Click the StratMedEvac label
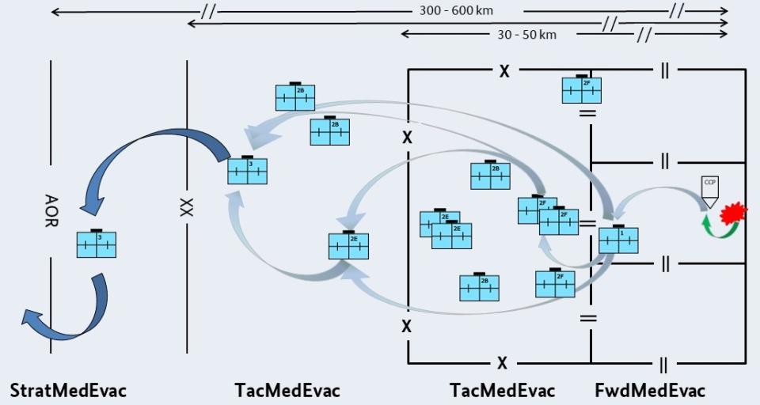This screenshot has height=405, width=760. point(68,390)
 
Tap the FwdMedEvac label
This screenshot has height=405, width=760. point(649,390)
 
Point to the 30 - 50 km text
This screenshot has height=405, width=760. point(528,34)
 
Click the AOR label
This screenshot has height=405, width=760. point(51,211)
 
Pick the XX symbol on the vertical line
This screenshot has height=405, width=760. point(187,208)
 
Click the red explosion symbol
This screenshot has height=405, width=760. point(735,212)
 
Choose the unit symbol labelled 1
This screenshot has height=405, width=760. point(618,239)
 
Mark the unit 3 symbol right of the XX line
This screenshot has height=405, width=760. point(247,170)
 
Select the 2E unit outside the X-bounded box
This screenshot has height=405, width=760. point(348,245)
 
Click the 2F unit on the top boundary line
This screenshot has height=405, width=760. point(582,89)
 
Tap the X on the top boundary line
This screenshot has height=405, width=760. point(503,71)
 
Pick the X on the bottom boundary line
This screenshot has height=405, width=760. point(502,363)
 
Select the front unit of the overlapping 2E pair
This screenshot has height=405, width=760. point(452,235)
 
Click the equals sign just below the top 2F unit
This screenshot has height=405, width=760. point(587,114)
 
